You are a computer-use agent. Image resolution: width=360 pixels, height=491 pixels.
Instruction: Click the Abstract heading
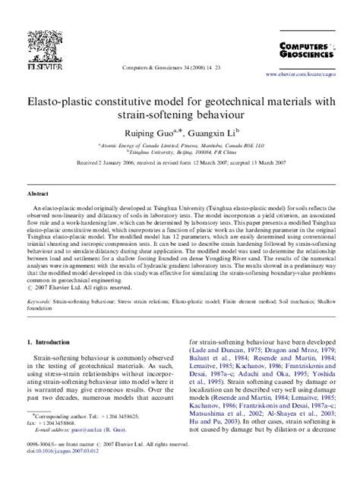pyautogui.click(x=38, y=194)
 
